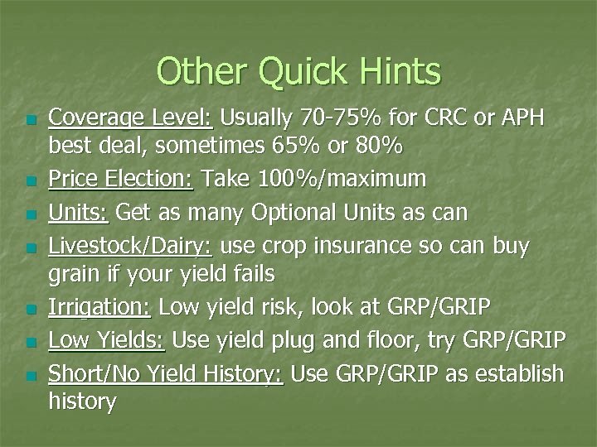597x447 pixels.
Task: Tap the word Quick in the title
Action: coord(292,72)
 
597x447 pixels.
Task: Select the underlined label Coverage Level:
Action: coord(130,118)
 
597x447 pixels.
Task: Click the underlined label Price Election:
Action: coord(120,177)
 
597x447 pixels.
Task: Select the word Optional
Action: coord(289,213)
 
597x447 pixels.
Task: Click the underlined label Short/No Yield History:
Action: coord(166,373)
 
